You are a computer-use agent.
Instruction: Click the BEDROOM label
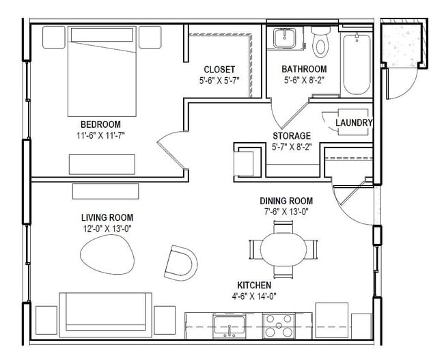point(100,124)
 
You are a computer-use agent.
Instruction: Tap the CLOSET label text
point(219,70)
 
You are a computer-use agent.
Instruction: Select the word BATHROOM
point(305,69)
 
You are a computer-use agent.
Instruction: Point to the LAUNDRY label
point(354,123)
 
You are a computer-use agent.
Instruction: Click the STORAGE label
point(292,135)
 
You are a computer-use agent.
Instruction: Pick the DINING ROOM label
point(286,201)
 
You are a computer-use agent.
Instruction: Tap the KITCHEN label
point(255,285)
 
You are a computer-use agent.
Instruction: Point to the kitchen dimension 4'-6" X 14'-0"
point(255,296)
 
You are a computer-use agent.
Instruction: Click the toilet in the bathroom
point(319,42)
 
